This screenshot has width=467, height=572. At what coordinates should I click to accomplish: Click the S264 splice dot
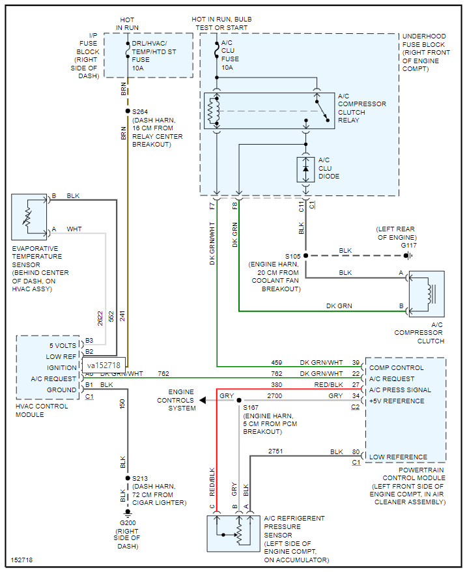pos(128,111)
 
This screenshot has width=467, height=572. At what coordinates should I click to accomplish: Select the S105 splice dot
pos(305,255)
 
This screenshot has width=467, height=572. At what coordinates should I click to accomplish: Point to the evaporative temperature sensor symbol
pos(29,213)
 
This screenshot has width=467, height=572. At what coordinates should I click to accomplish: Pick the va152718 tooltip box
pos(104,365)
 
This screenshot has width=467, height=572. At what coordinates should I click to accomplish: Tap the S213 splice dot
pos(128,478)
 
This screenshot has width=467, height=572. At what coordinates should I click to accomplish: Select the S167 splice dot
pos(239,401)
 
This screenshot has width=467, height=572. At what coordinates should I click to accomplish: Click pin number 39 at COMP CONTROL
pos(356,362)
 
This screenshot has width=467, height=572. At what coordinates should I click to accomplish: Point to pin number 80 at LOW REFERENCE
pos(356,451)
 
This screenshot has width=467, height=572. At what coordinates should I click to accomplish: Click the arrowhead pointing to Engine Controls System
pos(203,401)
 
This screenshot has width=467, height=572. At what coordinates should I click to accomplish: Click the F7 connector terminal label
pos(211,207)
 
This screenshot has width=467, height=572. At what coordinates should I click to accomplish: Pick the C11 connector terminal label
pos(301,207)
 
